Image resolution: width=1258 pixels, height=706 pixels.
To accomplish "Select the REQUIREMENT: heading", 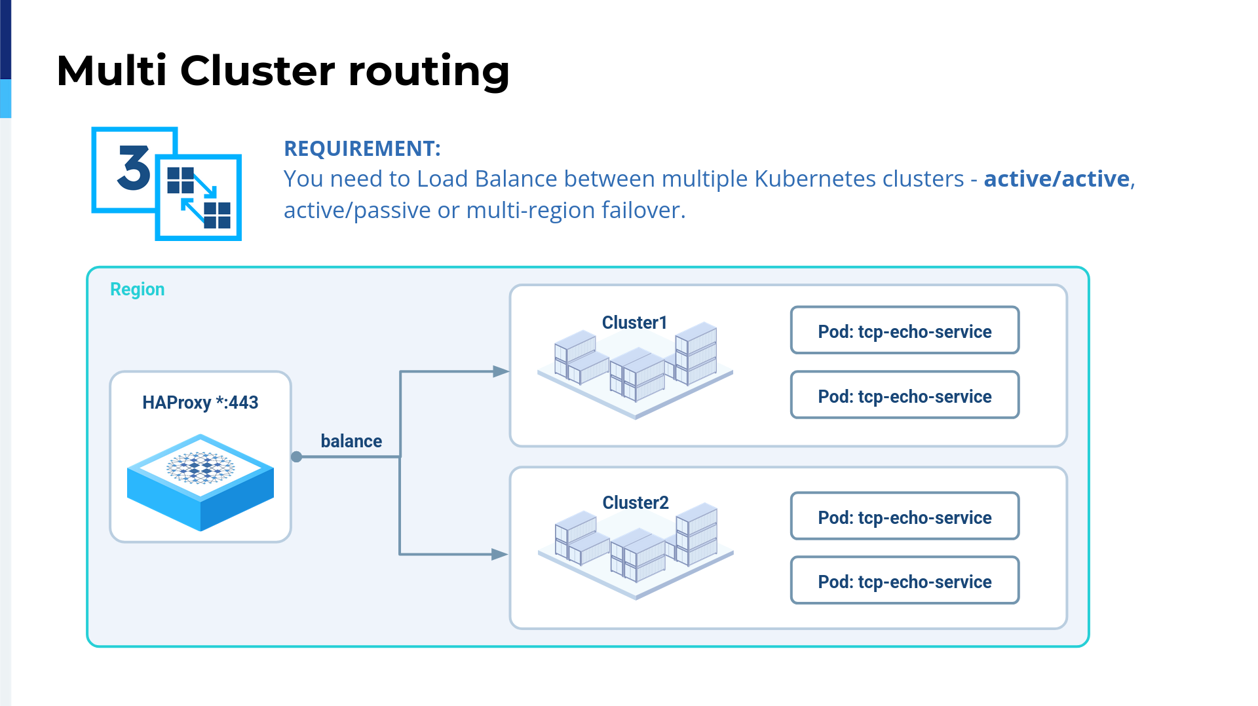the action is pyautogui.click(x=362, y=149).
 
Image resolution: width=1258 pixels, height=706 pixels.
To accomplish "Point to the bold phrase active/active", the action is pyautogui.click(x=1057, y=179).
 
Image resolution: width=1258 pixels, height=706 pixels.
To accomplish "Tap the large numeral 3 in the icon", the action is pyautogui.click(x=134, y=168).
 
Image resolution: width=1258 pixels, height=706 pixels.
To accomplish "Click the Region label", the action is pyautogui.click(x=137, y=289).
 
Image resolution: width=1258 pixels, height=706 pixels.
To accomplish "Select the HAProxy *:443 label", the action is pyautogui.click(x=200, y=402).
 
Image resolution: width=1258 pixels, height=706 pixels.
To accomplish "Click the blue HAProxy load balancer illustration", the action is pyautogui.click(x=200, y=482).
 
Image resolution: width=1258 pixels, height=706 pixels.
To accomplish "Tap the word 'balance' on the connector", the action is pyautogui.click(x=351, y=441).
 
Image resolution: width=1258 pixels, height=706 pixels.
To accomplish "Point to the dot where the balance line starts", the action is pyautogui.click(x=297, y=456).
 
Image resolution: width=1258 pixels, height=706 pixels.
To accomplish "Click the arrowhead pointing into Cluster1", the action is pyautogui.click(x=501, y=371).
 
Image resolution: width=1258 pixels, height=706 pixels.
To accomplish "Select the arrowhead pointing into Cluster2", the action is pyautogui.click(x=500, y=554).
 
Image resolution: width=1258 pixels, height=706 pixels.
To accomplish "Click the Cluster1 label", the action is pyautogui.click(x=634, y=322).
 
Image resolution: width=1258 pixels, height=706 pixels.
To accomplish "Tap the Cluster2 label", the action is pyautogui.click(x=636, y=502).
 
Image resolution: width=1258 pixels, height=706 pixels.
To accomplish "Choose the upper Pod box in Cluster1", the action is pyautogui.click(x=905, y=330).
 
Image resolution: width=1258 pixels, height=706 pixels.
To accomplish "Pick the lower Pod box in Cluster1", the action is pyautogui.click(x=905, y=395).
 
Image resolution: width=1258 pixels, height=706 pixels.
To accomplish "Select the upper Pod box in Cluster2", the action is pyautogui.click(x=905, y=516).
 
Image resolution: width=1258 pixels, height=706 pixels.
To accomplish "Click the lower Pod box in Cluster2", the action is pyautogui.click(x=905, y=580).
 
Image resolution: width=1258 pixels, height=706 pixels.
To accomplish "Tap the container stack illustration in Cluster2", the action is pyautogui.click(x=636, y=551).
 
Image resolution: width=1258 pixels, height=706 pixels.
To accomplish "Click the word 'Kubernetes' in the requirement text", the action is pyautogui.click(x=859, y=179).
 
